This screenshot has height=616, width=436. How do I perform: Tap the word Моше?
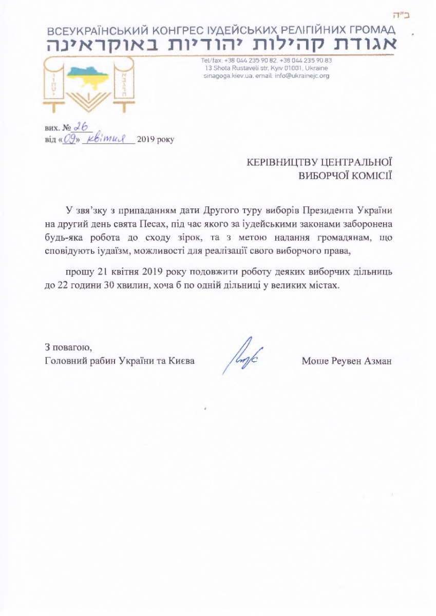[x=314, y=361]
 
